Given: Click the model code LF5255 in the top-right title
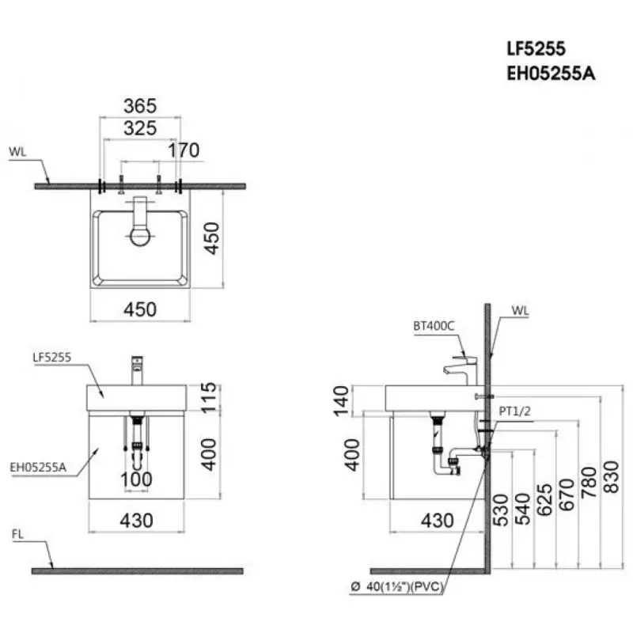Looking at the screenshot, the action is [x=536, y=48].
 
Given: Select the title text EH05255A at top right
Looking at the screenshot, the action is [x=551, y=74].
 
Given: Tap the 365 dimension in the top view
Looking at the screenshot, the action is [x=140, y=106].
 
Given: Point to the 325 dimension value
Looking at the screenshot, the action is [x=140, y=128].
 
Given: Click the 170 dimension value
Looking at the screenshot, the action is [x=184, y=150].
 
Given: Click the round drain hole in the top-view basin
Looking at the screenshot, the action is [x=140, y=236].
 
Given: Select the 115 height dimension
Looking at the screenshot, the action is [x=209, y=398].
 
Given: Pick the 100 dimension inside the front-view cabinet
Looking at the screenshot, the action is [x=136, y=479].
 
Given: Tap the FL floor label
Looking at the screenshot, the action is [x=17, y=534].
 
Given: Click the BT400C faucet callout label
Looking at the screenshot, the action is [x=434, y=326].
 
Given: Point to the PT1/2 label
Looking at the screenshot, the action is [x=515, y=411].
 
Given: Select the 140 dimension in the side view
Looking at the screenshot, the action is [x=341, y=400].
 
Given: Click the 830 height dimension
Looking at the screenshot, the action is [x=611, y=477].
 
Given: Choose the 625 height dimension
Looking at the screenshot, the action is [x=544, y=500].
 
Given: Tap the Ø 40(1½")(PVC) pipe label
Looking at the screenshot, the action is [x=397, y=586].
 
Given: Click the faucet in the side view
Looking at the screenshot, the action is [x=461, y=370].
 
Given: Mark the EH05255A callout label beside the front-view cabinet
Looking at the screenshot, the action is [x=38, y=467].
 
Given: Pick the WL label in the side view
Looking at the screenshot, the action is [x=520, y=310].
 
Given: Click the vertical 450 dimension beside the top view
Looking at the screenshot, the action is [x=211, y=238].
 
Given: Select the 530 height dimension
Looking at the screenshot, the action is [x=501, y=510].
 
